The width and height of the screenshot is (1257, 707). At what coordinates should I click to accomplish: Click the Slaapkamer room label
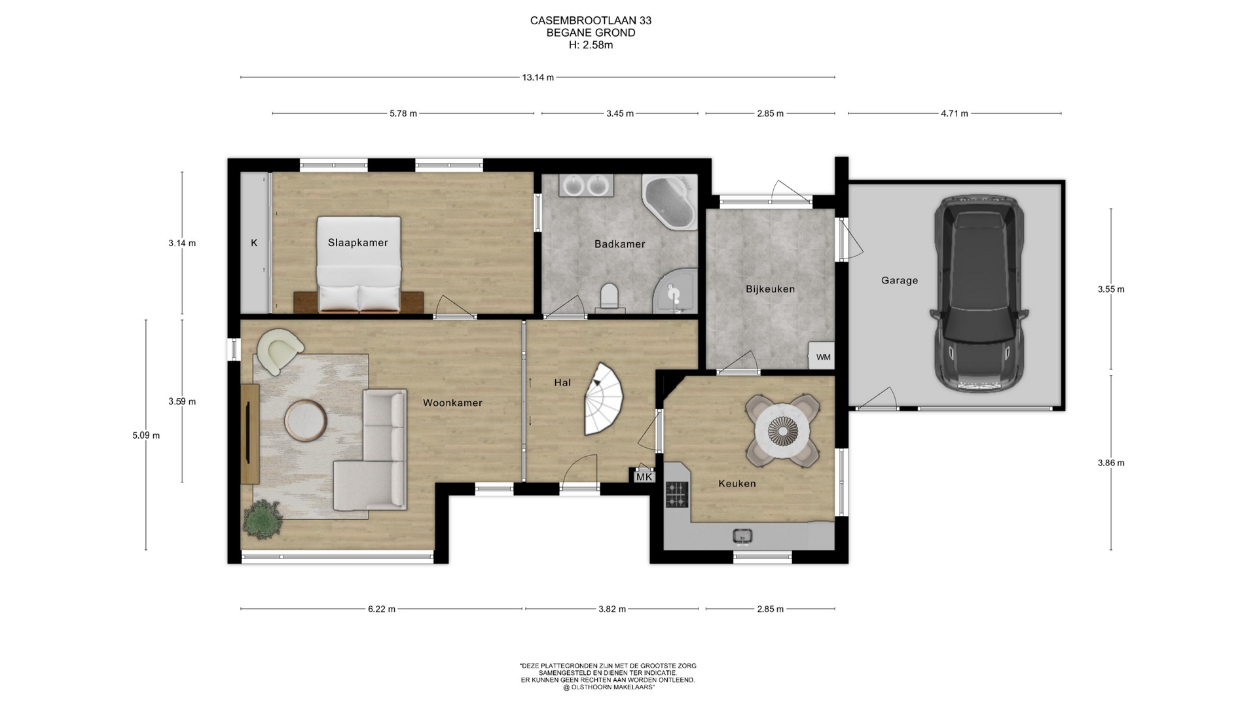pos(357,243)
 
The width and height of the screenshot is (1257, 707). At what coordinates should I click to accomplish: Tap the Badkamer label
pos(619,244)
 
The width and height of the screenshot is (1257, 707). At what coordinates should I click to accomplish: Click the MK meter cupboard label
pos(644,477)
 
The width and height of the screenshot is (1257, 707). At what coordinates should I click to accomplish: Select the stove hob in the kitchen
pos(677,494)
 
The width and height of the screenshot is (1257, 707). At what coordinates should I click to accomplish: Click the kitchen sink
pos(742,537)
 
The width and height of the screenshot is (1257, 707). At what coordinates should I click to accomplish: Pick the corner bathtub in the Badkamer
pos(669,201)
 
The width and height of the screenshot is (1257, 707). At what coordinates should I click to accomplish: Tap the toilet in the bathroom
pos(609,296)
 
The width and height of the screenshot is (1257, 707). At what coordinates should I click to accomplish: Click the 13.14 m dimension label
pos(537,77)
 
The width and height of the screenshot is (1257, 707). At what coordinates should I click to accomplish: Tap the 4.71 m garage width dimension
pos(954,113)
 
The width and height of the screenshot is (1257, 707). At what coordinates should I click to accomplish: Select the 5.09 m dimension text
pos(146,435)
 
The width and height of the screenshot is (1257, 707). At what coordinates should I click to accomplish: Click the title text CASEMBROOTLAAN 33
pos(591,20)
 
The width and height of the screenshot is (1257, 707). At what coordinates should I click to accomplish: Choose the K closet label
pos(254,243)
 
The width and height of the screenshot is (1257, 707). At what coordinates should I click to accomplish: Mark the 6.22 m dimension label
pos(382,609)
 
